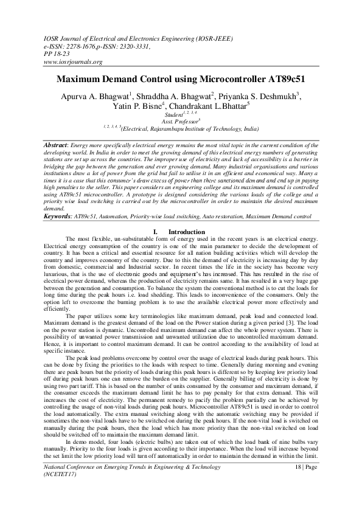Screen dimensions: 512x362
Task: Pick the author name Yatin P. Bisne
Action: click(x=150, y=106)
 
